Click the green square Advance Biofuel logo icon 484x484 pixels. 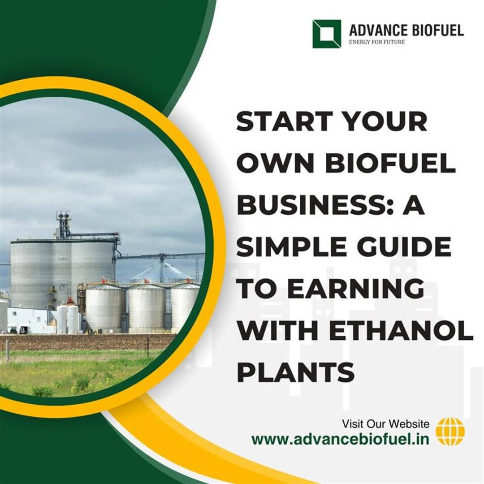coord(327,34)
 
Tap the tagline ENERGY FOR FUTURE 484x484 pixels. coord(376,42)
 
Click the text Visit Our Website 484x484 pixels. coord(385,424)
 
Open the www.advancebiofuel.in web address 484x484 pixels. coord(340,439)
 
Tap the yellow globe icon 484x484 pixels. coord(450,431)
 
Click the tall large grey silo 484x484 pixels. coord(63,273)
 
